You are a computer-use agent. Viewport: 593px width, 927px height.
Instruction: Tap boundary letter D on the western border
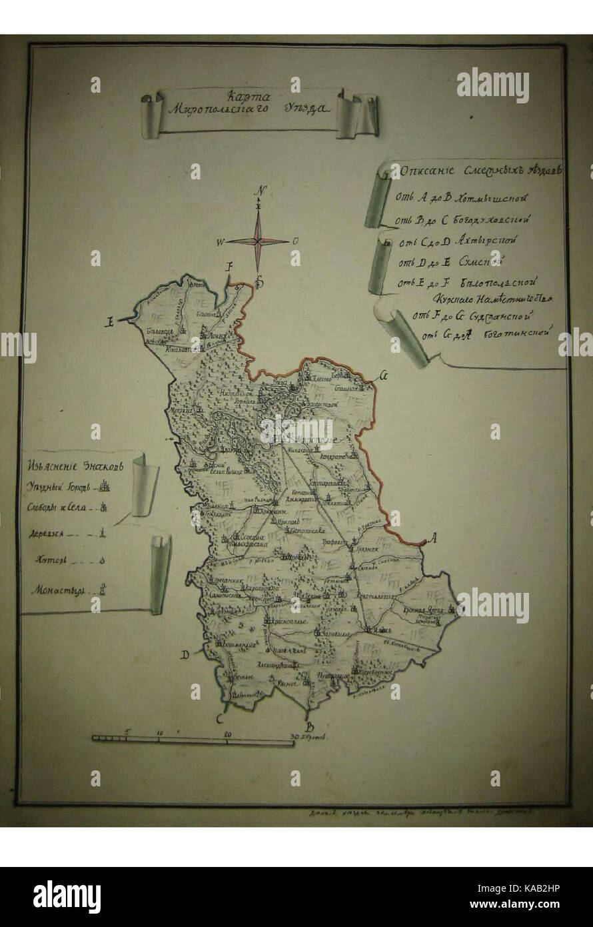pos(185,655)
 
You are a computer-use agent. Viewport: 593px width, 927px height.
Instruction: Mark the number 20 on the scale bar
pos(228,733)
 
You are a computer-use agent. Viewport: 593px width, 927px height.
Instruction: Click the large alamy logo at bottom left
pos(67,896)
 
